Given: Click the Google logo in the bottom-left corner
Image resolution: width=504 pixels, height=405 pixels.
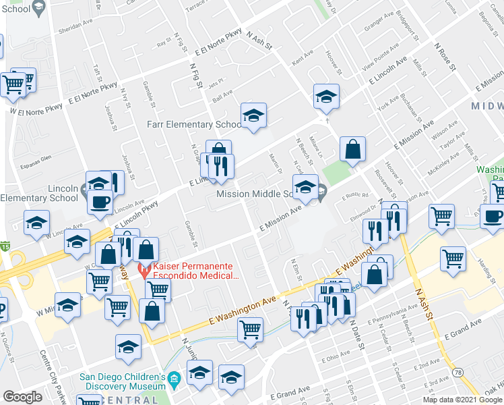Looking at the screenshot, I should tap(22, 397).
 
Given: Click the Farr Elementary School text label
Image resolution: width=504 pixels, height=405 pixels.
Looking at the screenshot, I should tap(194, 125).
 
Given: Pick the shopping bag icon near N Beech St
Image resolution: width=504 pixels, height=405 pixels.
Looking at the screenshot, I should tap(352, 150).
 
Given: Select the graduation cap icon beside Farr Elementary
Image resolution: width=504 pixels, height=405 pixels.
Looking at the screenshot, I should tap(254, 117).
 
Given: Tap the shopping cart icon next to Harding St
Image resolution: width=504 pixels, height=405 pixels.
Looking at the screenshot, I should tap(453, 259).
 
